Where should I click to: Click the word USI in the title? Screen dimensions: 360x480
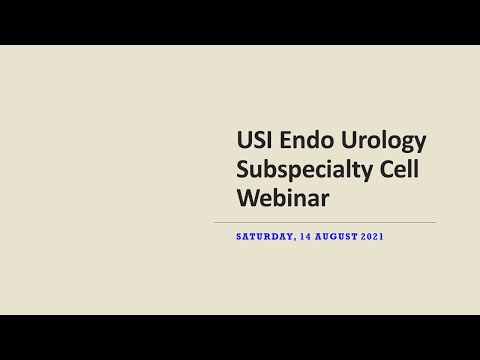tap(254, 140)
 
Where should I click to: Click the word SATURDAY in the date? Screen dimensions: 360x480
tap(264, 237)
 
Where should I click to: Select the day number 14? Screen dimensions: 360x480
tap(305, 237)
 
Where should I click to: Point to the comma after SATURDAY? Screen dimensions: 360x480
tap(294, 240)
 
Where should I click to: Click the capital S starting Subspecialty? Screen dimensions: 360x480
tap(242, 168)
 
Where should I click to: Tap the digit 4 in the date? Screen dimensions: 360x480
tap(308, 237)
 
